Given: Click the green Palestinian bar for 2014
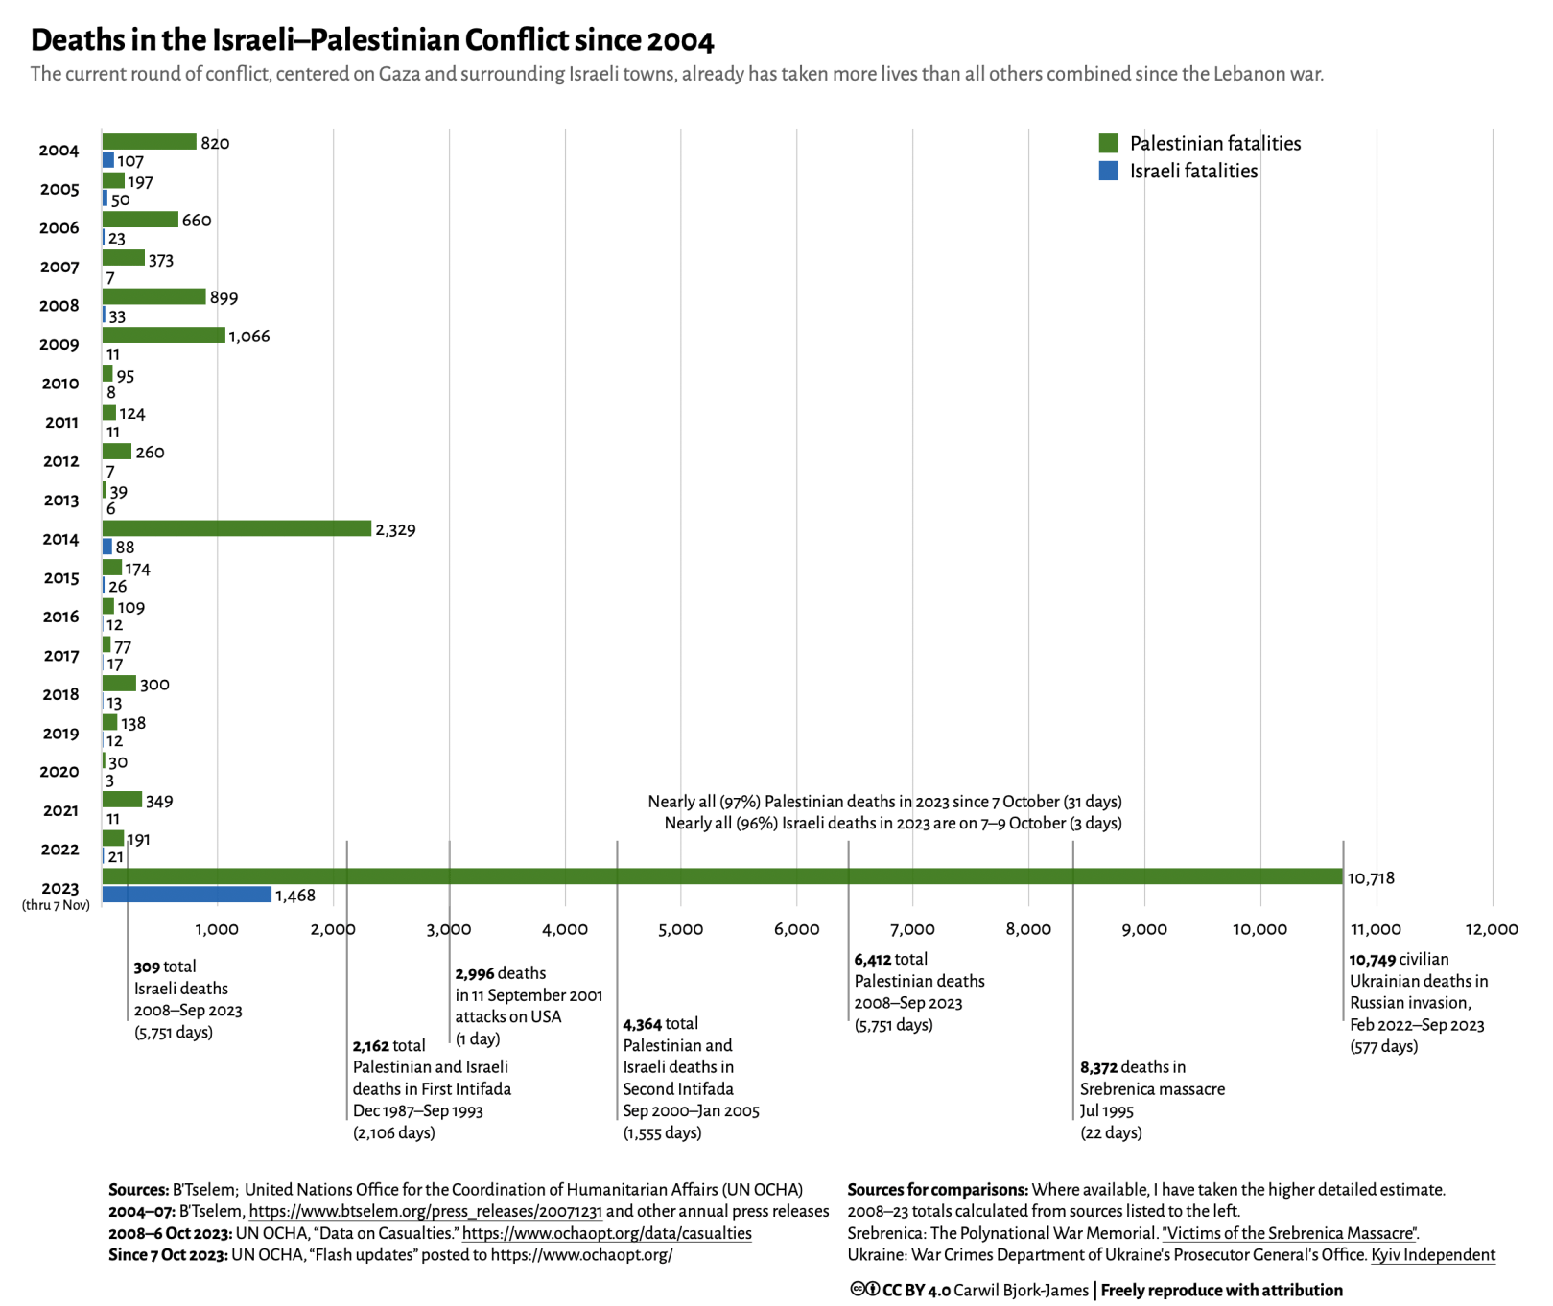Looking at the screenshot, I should (236, 528).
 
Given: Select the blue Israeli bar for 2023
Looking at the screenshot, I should (187, 895).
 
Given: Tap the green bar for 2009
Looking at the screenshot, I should (164, 335).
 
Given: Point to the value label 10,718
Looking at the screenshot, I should (1371, 878).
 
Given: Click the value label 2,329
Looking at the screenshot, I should (395, 530).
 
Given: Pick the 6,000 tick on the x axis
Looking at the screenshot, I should (796, 929).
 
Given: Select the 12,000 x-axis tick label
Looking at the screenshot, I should (1491, 929).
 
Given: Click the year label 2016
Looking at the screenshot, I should (60, 618).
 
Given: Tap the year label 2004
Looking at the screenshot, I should (59, 151).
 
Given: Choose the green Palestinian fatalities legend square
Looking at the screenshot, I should (1108, 144).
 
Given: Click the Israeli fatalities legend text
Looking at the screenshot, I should (1193, 172).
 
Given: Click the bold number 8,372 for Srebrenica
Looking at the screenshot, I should (1098, 1068).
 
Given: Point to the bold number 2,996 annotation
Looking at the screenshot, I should (474, 974).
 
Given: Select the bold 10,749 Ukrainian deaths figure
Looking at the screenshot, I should (1372, 960).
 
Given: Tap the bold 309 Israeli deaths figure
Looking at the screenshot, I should (147, 968).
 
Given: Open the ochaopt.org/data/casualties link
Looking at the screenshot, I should (606, 1234).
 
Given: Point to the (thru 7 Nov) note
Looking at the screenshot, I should (56, 906).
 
